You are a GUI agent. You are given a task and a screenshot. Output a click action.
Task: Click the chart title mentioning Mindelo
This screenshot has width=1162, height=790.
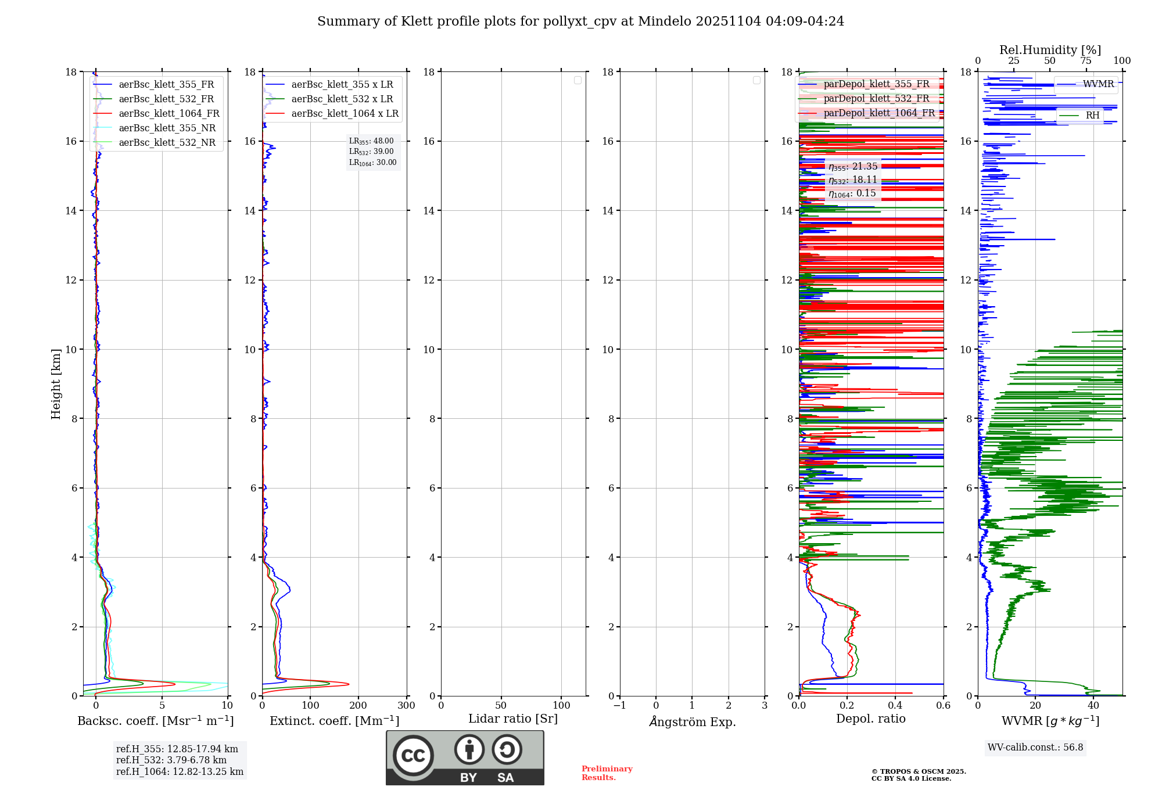tap(580, 21)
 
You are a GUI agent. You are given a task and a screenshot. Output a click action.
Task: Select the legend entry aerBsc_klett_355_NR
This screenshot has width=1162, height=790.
tap(167, 128)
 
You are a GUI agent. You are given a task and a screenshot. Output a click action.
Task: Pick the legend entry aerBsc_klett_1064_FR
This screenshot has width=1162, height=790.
tap(168, 113)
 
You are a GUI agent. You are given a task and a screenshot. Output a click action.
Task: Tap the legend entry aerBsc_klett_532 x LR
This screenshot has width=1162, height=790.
tap(342, 99)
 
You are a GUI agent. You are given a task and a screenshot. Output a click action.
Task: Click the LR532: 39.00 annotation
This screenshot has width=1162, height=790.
tap(371, 152)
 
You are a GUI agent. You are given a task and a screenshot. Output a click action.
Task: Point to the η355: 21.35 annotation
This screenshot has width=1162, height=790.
tap(852, 167)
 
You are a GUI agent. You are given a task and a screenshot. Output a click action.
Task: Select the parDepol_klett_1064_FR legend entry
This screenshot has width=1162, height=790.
tap(878, 113)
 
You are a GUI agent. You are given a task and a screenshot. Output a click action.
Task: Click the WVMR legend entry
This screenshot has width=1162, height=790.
tap(1098, 84)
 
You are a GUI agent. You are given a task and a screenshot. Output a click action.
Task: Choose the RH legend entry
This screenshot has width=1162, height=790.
tap(1092, 116)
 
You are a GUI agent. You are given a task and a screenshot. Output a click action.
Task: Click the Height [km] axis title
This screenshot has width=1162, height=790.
tap(56, 383)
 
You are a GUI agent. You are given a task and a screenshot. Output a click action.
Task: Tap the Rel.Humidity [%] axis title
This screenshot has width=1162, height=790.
tap(1050, 50)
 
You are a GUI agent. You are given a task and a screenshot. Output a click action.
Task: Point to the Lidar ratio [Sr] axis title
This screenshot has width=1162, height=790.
tap(512, 719)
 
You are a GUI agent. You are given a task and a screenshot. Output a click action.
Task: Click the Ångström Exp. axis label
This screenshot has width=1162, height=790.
tap(692, 721)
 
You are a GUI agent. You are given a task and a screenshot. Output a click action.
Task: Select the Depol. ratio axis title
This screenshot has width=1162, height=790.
tap(870, 719)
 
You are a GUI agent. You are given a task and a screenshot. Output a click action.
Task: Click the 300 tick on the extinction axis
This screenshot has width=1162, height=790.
tap(406, 706)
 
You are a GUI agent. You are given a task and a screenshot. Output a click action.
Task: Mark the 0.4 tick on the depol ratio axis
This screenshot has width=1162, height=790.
tap(895, 706)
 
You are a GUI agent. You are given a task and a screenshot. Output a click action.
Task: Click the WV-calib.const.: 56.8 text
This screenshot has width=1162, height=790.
tap(1035, 748)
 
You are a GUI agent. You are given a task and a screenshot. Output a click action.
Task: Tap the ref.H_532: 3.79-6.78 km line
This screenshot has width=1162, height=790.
tap(171, 760)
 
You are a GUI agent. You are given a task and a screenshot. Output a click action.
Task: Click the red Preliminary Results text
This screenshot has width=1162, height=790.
tap(607, 773)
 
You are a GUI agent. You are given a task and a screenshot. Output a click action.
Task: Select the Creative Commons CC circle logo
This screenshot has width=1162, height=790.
tap(413, 756)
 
